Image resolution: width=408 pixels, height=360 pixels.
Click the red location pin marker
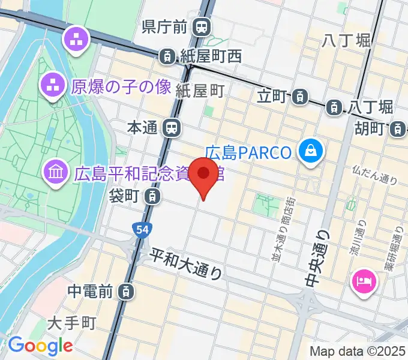tap(204, 175)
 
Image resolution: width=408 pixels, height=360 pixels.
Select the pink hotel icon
tap(364, 280)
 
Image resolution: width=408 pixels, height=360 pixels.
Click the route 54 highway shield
tap(140, 229)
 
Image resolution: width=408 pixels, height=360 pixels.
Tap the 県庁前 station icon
tap(202, 26)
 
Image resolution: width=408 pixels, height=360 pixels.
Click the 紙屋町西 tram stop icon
tap(166, 56)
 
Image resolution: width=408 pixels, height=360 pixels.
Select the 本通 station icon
tap(172, 127)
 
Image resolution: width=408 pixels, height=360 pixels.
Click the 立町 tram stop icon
tap(301, 95)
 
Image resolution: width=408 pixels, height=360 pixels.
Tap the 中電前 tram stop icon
tap(125, 292)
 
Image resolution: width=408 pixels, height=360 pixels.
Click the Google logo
tap(40, 346)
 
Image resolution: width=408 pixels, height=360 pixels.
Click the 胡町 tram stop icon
tap(396, 128)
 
